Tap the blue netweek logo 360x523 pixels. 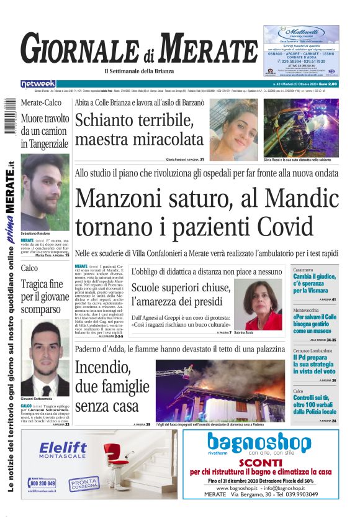pyautogui.click(x=38, y=84)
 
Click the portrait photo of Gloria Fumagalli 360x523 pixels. pyautogui.click(x=233, y=128)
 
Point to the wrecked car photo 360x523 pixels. pyautogui.click(x=301, y=128)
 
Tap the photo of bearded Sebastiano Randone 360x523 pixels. pyautogui.click(x=45, y=193)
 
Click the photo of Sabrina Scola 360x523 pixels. pyautogui.click(x=258, y=304)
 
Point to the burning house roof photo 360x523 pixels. pyautogui.click(x=220, y=389)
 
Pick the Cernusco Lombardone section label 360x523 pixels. pyautogui.click(x=313, y=350)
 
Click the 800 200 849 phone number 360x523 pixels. pyautogui.click(x=43, y=483)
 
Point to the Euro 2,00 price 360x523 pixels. pyautogui.click(x=324, y=84)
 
